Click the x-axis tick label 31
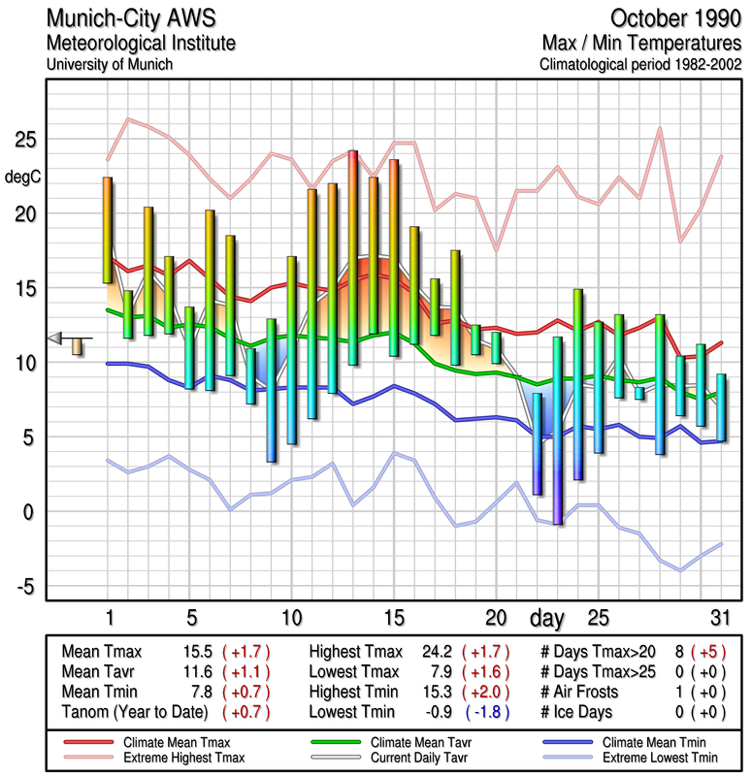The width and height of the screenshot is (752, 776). [x=719, y=618]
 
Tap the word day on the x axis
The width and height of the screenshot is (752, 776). [x=548, y=617]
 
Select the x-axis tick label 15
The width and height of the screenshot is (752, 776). [x=393, y=618]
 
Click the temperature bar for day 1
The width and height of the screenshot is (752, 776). [x=108, y=230]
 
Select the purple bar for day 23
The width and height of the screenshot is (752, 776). [x=558, y=431]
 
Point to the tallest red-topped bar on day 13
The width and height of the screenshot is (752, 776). [x=353, y=257]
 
